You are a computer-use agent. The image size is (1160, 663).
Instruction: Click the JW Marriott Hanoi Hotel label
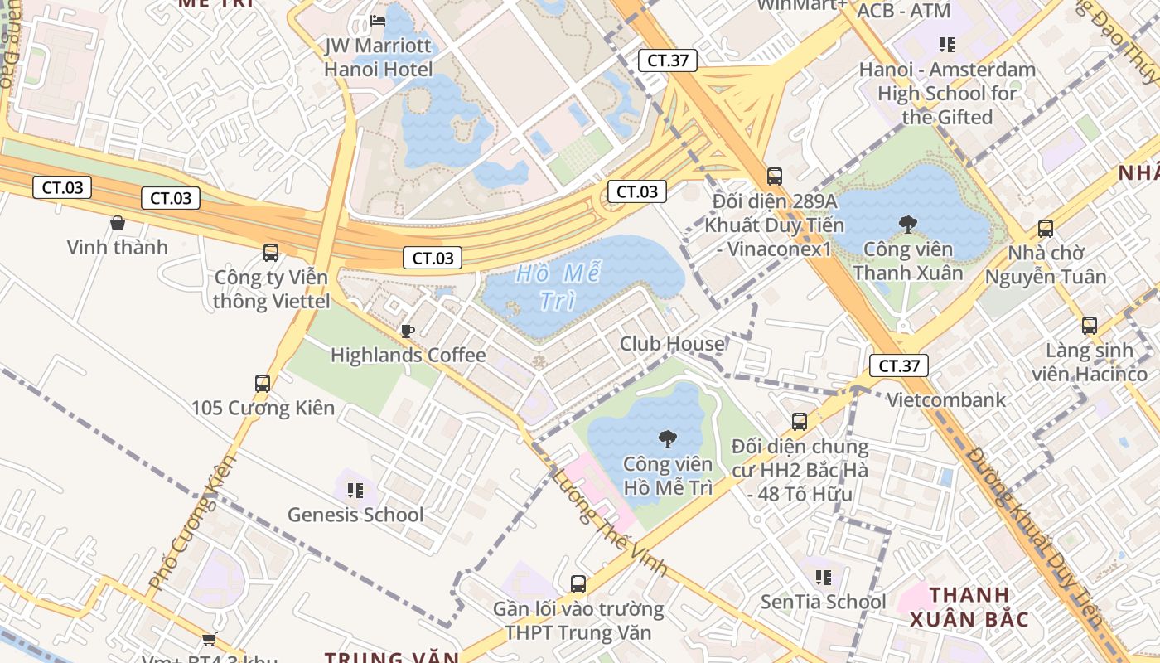379,56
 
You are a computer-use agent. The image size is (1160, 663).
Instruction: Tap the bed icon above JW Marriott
379,20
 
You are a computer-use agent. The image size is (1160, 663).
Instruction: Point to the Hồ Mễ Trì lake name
557,286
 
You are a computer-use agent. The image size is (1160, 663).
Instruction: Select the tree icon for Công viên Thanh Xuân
908,224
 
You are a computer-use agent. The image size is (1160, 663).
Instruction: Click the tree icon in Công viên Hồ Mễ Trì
667,439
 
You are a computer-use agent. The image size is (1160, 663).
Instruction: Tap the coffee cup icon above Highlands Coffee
408,331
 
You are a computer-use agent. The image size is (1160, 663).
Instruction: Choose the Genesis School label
355,515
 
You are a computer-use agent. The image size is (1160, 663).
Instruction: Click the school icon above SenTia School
823,577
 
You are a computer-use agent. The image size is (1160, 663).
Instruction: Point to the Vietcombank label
946,399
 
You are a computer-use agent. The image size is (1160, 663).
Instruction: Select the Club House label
672,343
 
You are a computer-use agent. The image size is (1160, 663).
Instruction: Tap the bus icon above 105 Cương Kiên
263,384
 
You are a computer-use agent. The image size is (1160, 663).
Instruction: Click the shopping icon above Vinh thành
118,223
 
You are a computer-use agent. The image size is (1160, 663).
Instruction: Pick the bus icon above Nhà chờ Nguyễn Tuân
1046,229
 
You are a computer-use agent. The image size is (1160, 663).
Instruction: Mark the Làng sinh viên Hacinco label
1090,362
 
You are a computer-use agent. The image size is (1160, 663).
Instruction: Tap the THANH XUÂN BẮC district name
969,607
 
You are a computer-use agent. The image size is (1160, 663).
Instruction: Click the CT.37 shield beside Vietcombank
899,365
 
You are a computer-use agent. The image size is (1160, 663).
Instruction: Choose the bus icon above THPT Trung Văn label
578,584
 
